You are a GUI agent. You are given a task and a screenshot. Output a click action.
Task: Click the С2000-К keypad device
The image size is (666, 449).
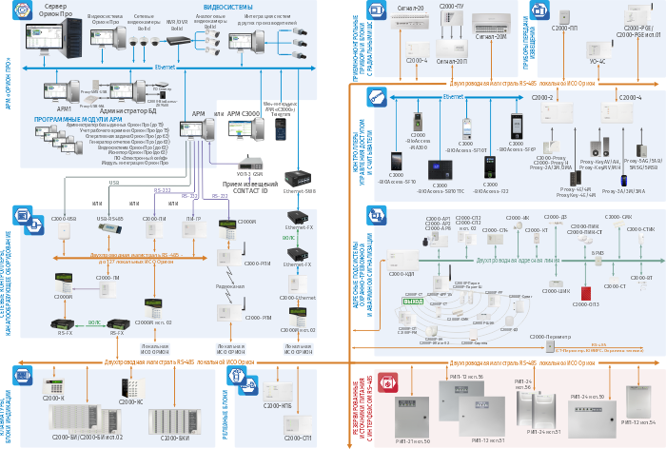click(x=55, y=390)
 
